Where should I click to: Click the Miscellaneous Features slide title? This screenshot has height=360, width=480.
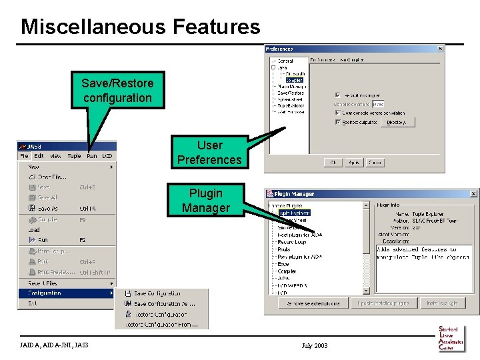click(x=140, y=27)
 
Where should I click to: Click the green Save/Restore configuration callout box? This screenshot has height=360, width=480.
click(x=117, y=91)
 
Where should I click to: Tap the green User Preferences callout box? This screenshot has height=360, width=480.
click(x=209, y=152)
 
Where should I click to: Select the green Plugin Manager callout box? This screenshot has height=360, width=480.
click(x=205, y=200)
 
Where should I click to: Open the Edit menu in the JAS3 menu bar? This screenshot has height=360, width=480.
click(x=39, y=156)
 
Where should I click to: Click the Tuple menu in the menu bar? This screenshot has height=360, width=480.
click(x=74, y=156)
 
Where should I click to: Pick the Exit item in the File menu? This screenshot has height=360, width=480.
click(x=33, y=303)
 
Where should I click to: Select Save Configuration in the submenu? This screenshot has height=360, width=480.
click(x=157, y=293)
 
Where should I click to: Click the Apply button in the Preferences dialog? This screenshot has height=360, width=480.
click(x=353, y=162)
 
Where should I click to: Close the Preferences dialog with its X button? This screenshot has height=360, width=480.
click(x=440, y=49)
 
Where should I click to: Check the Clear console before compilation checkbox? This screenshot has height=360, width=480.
click(x=338, y=113)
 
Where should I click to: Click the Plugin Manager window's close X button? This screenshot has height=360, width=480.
click(x=473, y=194)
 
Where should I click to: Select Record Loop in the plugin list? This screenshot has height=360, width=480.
click(x=292, y=242)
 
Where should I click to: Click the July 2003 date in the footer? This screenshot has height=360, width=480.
click(x=314, y=345)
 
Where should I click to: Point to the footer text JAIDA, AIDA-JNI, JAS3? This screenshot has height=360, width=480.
click(x=54, y=345)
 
